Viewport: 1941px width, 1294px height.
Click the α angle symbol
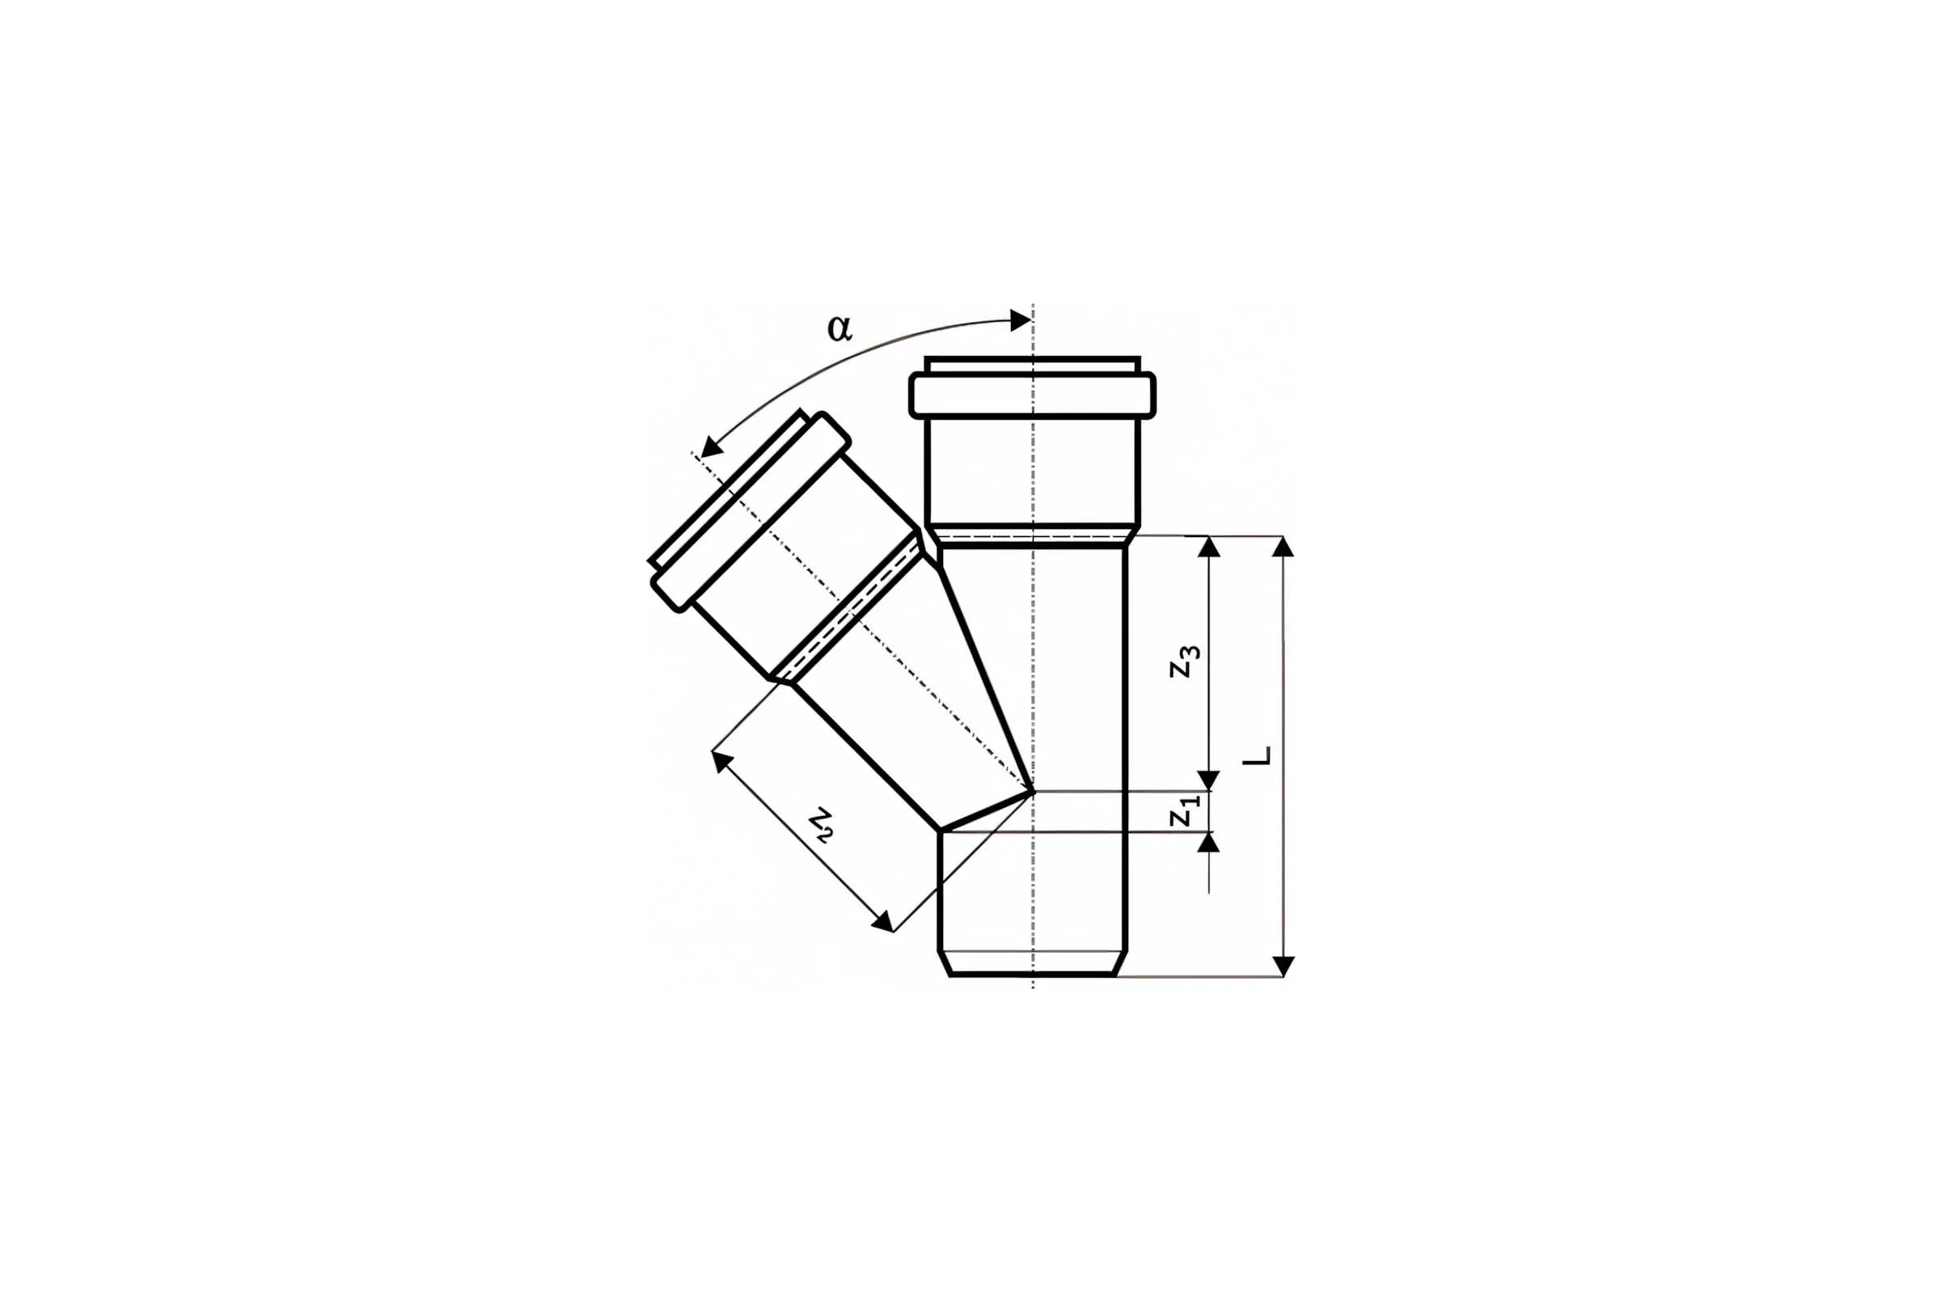click(x=839, y=328)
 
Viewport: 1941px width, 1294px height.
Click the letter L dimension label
click(x=1257, y=756)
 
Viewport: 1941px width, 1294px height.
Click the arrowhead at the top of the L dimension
click(x=1283, y=547)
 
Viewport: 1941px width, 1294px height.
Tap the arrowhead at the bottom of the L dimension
click(x=1283, y=966)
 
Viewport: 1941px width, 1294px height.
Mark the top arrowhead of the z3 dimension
click(x=1209, y=547)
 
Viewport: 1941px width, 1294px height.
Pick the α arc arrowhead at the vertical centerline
click(x=1021, y=320)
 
